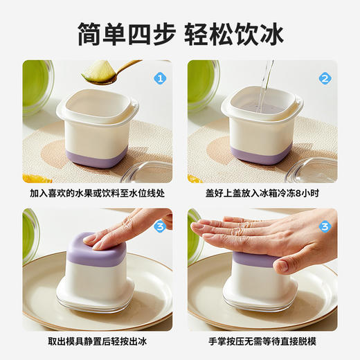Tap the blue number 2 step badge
point(325,79)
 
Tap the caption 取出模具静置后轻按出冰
point(97,341)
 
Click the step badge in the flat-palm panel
point(325,226)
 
